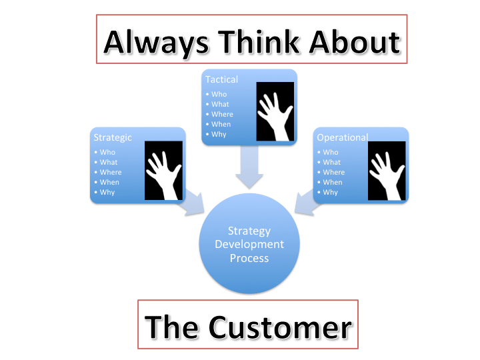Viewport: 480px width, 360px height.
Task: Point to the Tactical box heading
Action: (221, 79)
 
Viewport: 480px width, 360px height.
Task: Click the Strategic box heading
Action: (113, 137)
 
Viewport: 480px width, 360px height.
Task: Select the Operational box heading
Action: (342, 137)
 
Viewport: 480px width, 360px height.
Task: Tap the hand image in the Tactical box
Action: (275, 112)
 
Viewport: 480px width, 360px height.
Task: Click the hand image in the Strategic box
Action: (163, 170)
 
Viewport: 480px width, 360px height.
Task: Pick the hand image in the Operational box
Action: (387, 170)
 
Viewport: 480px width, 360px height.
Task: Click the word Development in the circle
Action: (249, 244)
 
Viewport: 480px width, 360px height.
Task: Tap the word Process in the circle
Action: (249, 257)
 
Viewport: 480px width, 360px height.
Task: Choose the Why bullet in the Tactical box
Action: (219, 134)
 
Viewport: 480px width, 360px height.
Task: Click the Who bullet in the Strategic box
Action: (107, 152)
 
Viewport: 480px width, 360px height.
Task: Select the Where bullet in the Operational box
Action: (334, 172)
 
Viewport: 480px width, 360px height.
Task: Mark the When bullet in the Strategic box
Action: (109, 182)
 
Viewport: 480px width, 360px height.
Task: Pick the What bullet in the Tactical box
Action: (220, 104)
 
